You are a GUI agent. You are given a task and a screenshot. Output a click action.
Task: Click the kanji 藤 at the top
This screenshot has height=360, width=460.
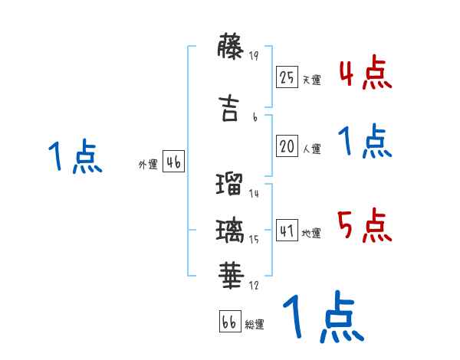tap(230, 47)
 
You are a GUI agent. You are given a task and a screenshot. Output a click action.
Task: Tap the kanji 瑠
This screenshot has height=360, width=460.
tap(230, 185)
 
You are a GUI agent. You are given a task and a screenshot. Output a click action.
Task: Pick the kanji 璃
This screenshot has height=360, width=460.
tap(230, 229)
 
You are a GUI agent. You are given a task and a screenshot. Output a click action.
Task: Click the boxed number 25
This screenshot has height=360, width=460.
tap(287, 77)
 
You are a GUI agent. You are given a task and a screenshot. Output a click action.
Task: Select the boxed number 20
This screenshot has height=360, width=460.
tap(287, 147)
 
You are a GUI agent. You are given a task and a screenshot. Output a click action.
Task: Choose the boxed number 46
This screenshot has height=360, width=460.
tap(173, 162)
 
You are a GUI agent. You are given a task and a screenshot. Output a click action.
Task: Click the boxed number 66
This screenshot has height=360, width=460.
tap(229, 322)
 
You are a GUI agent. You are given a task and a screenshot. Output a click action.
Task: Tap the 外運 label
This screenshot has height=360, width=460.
tap(147, 164)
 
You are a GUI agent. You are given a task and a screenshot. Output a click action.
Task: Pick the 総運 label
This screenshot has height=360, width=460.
tap(255, 324)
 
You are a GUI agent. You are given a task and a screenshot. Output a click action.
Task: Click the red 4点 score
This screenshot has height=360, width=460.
tap(365, 73)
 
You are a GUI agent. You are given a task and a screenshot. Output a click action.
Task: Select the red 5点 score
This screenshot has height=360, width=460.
tap(365, 225)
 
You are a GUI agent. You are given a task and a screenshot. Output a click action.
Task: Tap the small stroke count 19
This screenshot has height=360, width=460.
tap(255, 54)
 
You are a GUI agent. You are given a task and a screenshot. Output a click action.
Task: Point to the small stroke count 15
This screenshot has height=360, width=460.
tap(254, 240)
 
